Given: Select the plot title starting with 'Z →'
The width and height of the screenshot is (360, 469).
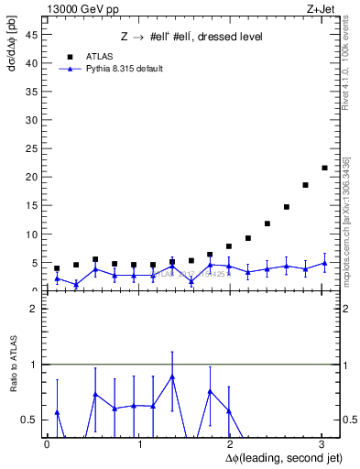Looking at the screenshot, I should click(192, 37).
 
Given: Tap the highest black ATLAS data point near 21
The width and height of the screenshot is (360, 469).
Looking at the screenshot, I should click(324, 168).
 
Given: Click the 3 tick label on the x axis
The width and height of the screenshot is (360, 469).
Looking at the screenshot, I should click(322, 444).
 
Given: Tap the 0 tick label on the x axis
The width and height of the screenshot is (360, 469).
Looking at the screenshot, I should click(47, 444).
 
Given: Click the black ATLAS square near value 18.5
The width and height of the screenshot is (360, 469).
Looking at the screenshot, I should click(305, 185).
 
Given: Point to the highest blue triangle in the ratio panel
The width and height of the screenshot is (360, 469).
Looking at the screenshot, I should click(172, 376).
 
